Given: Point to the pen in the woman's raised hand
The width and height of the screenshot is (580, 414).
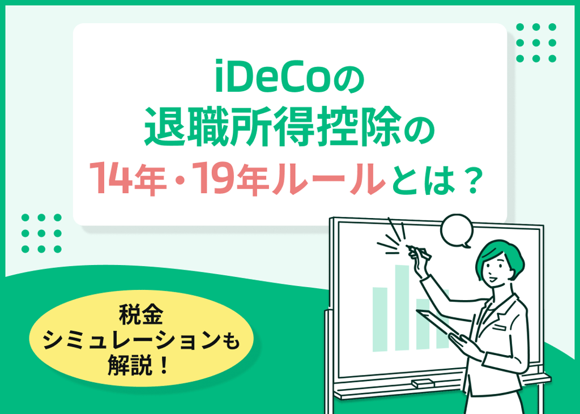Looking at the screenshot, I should (420, 252).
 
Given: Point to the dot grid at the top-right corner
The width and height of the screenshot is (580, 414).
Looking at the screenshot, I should (536, 42).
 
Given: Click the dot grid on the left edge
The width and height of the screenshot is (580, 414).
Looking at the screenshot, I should (41, 233).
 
